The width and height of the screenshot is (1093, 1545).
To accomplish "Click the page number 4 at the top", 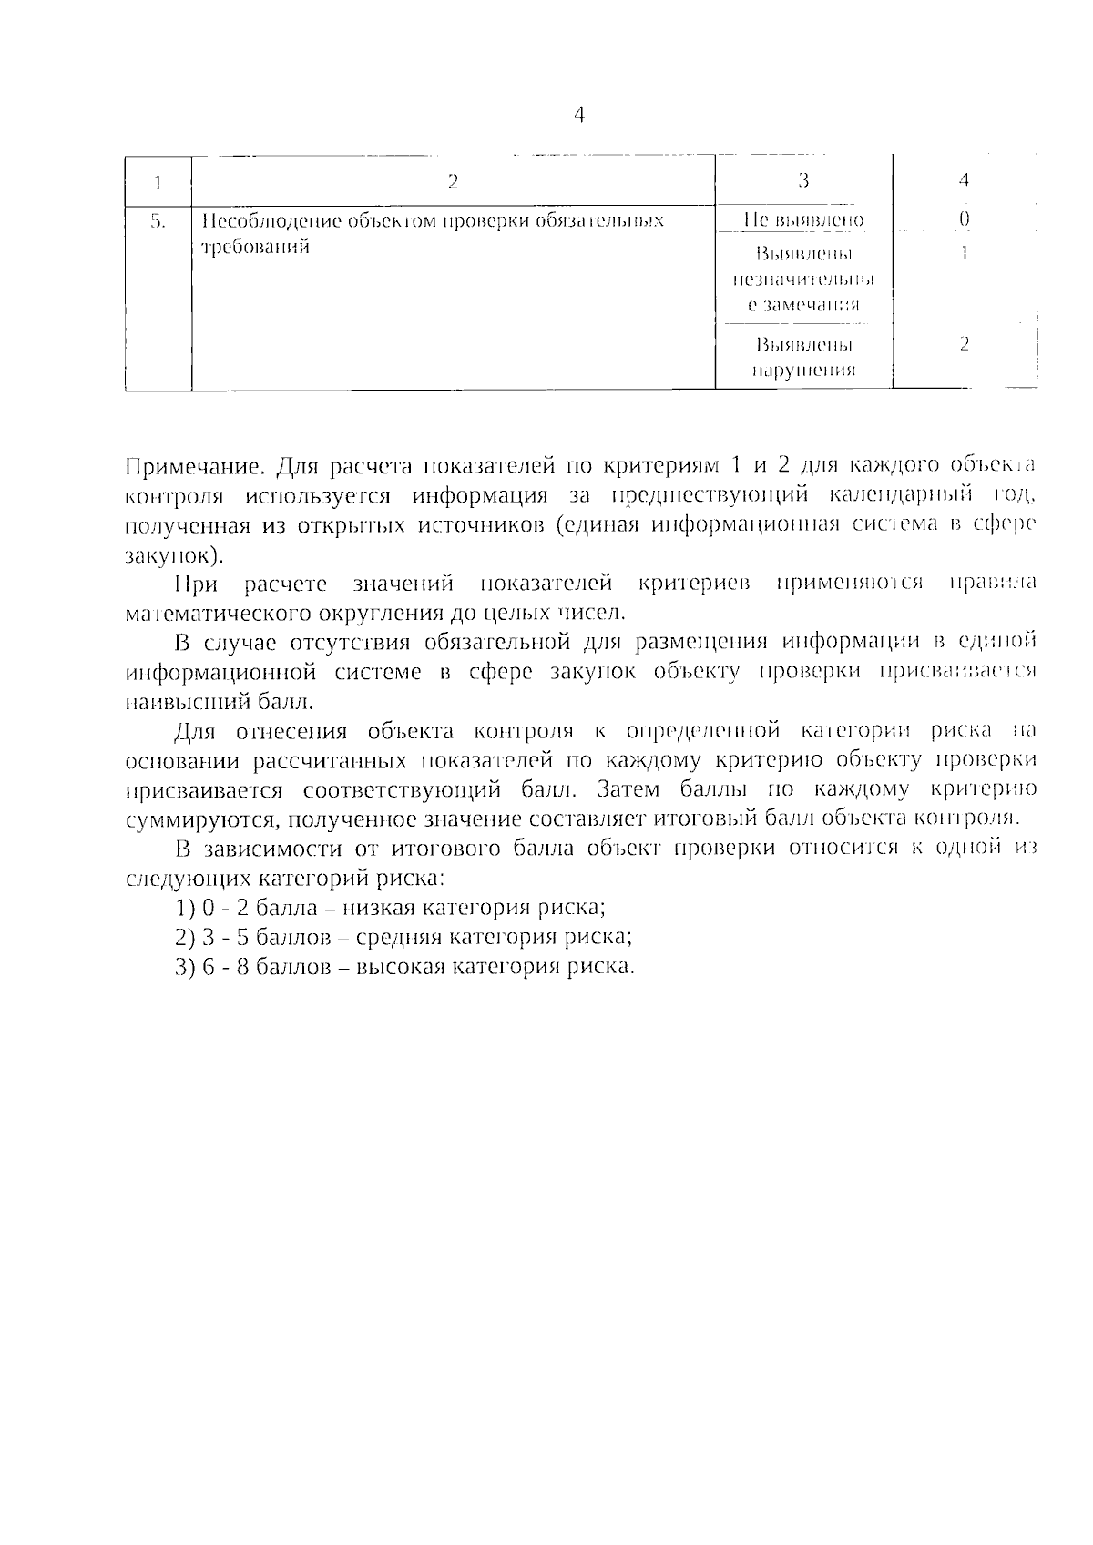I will [x=579, y=116].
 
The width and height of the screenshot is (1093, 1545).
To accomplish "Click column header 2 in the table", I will [x=453, y=181].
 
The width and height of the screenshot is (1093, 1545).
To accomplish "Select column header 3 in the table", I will [x=802, y=181].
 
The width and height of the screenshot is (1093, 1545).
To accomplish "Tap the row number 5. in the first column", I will [x=158, y=220].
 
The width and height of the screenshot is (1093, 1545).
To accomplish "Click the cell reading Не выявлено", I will [x=802, y=220].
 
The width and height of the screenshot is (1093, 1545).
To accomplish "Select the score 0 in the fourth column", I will [x=964, y=219].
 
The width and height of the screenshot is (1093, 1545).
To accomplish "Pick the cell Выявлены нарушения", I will [x=802, y=358].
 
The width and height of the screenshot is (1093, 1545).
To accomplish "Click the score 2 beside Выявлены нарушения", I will [x=964, y=344].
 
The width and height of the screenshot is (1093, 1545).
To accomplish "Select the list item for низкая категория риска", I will [x=392, y=908].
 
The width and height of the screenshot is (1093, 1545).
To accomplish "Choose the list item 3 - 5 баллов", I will [x=403, y=937].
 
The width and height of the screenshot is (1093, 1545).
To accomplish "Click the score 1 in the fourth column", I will [x=964, y=253].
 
